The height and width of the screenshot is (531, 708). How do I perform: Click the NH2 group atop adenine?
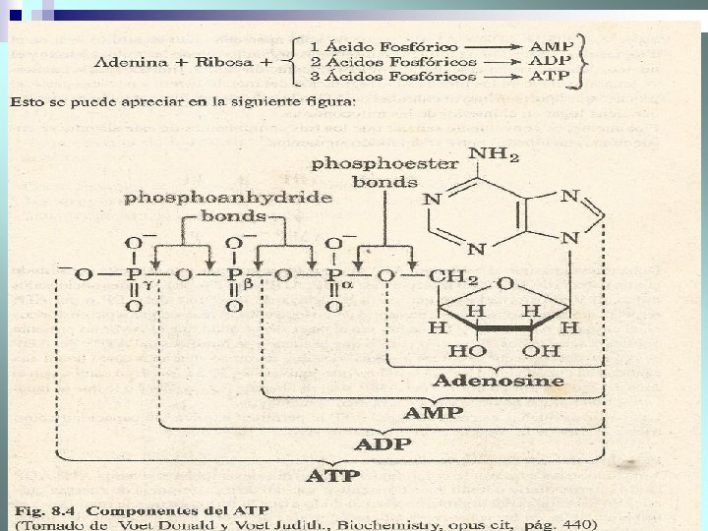coord(495,154)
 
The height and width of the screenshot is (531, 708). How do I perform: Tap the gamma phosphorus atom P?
coord(133,276)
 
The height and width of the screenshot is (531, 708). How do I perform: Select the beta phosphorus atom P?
coord(234,276)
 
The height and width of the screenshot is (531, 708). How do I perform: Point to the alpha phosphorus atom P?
coord(334,276)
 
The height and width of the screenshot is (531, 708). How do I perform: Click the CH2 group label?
coord(454,278)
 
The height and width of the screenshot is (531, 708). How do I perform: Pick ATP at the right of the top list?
coord(549,76)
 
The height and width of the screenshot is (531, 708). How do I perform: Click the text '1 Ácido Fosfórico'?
coord(370,46)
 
